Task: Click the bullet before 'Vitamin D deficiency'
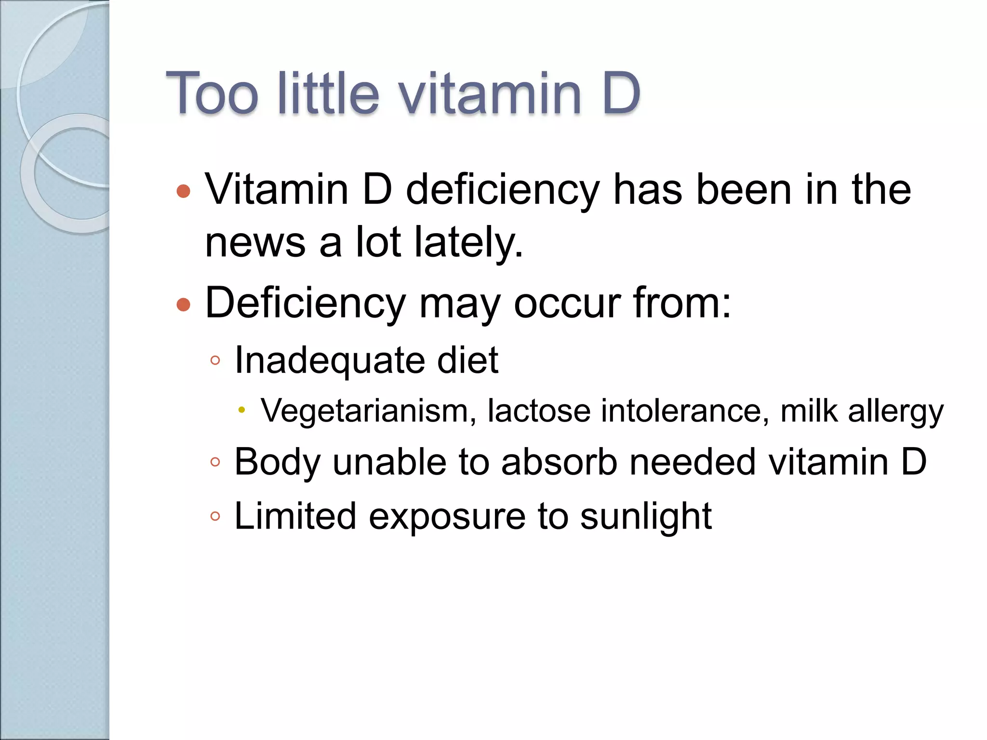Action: click(184, 191)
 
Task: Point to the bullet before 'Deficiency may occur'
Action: click(184, 304)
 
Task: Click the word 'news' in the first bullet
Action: click(255, 242)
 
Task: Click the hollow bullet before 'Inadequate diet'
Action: click(215, 360)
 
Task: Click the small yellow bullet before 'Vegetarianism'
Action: click(242, 410)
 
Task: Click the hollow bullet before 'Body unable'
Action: click(215, 462)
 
